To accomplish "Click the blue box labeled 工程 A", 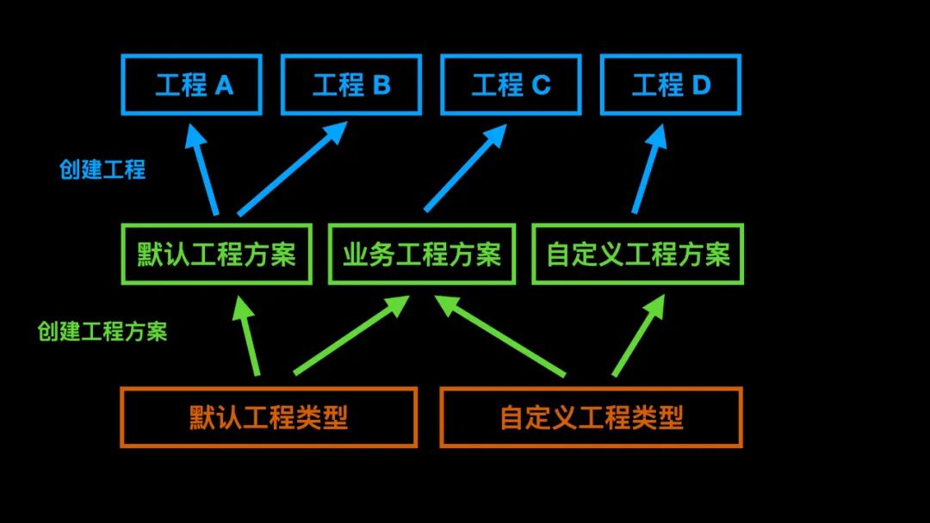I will point(192,85).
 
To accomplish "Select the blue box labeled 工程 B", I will point(350,85).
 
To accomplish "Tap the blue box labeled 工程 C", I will point(510,85).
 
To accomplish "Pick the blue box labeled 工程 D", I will point(670,85).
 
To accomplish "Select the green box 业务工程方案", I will point(421,255).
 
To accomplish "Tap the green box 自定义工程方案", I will point(637,255).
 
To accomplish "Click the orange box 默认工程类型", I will point(269,417).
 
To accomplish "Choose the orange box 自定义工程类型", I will point(591,417).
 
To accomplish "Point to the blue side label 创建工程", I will point(102,169).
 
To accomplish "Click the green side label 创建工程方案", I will point(102,332).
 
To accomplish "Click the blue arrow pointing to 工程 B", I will point(292,169).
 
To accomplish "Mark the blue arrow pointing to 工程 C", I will point(465,169).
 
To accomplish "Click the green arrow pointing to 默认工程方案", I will point(247,335).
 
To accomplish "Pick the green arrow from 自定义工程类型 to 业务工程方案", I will point(500,336).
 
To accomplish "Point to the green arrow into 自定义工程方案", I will point(638,336).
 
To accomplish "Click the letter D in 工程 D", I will point(701,85).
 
